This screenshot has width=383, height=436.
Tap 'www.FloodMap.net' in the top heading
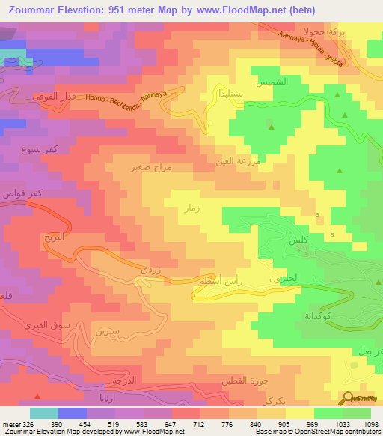(x=248, y=10)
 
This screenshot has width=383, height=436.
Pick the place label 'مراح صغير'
(x=150, y=167)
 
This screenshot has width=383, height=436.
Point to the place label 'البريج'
(x=54, y=236)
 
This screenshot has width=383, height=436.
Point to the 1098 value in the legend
(x=370, y=424)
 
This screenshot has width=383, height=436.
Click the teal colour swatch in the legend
(x=44, y=413)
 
